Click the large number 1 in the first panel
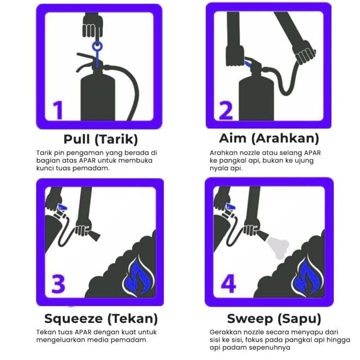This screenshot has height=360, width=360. pos(58,110)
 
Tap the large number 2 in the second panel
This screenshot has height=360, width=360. pos(225,111)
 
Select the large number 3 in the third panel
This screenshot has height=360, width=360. pos(58,284)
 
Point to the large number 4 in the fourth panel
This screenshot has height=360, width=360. pos(228,283)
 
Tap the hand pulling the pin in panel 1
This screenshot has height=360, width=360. pos(92,26)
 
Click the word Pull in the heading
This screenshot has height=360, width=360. pos(76,139)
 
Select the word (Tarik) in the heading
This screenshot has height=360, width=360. pos(116,139)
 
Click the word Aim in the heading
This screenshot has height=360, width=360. pos(233,138)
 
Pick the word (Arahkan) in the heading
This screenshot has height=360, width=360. pos(285,138)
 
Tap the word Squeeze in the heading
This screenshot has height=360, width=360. pos(74,319)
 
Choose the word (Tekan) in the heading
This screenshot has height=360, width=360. pos(133,319)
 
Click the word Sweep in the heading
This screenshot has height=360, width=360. pos(250,319)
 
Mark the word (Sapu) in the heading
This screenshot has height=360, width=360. pos(299,319)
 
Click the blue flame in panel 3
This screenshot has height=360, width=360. pos(137,277)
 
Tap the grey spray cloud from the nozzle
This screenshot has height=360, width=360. pos(277,247)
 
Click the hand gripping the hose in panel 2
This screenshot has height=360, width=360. pos(304,53)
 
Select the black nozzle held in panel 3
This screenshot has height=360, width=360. pos(94,236)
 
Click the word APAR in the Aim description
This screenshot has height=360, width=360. pos(312,153)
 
